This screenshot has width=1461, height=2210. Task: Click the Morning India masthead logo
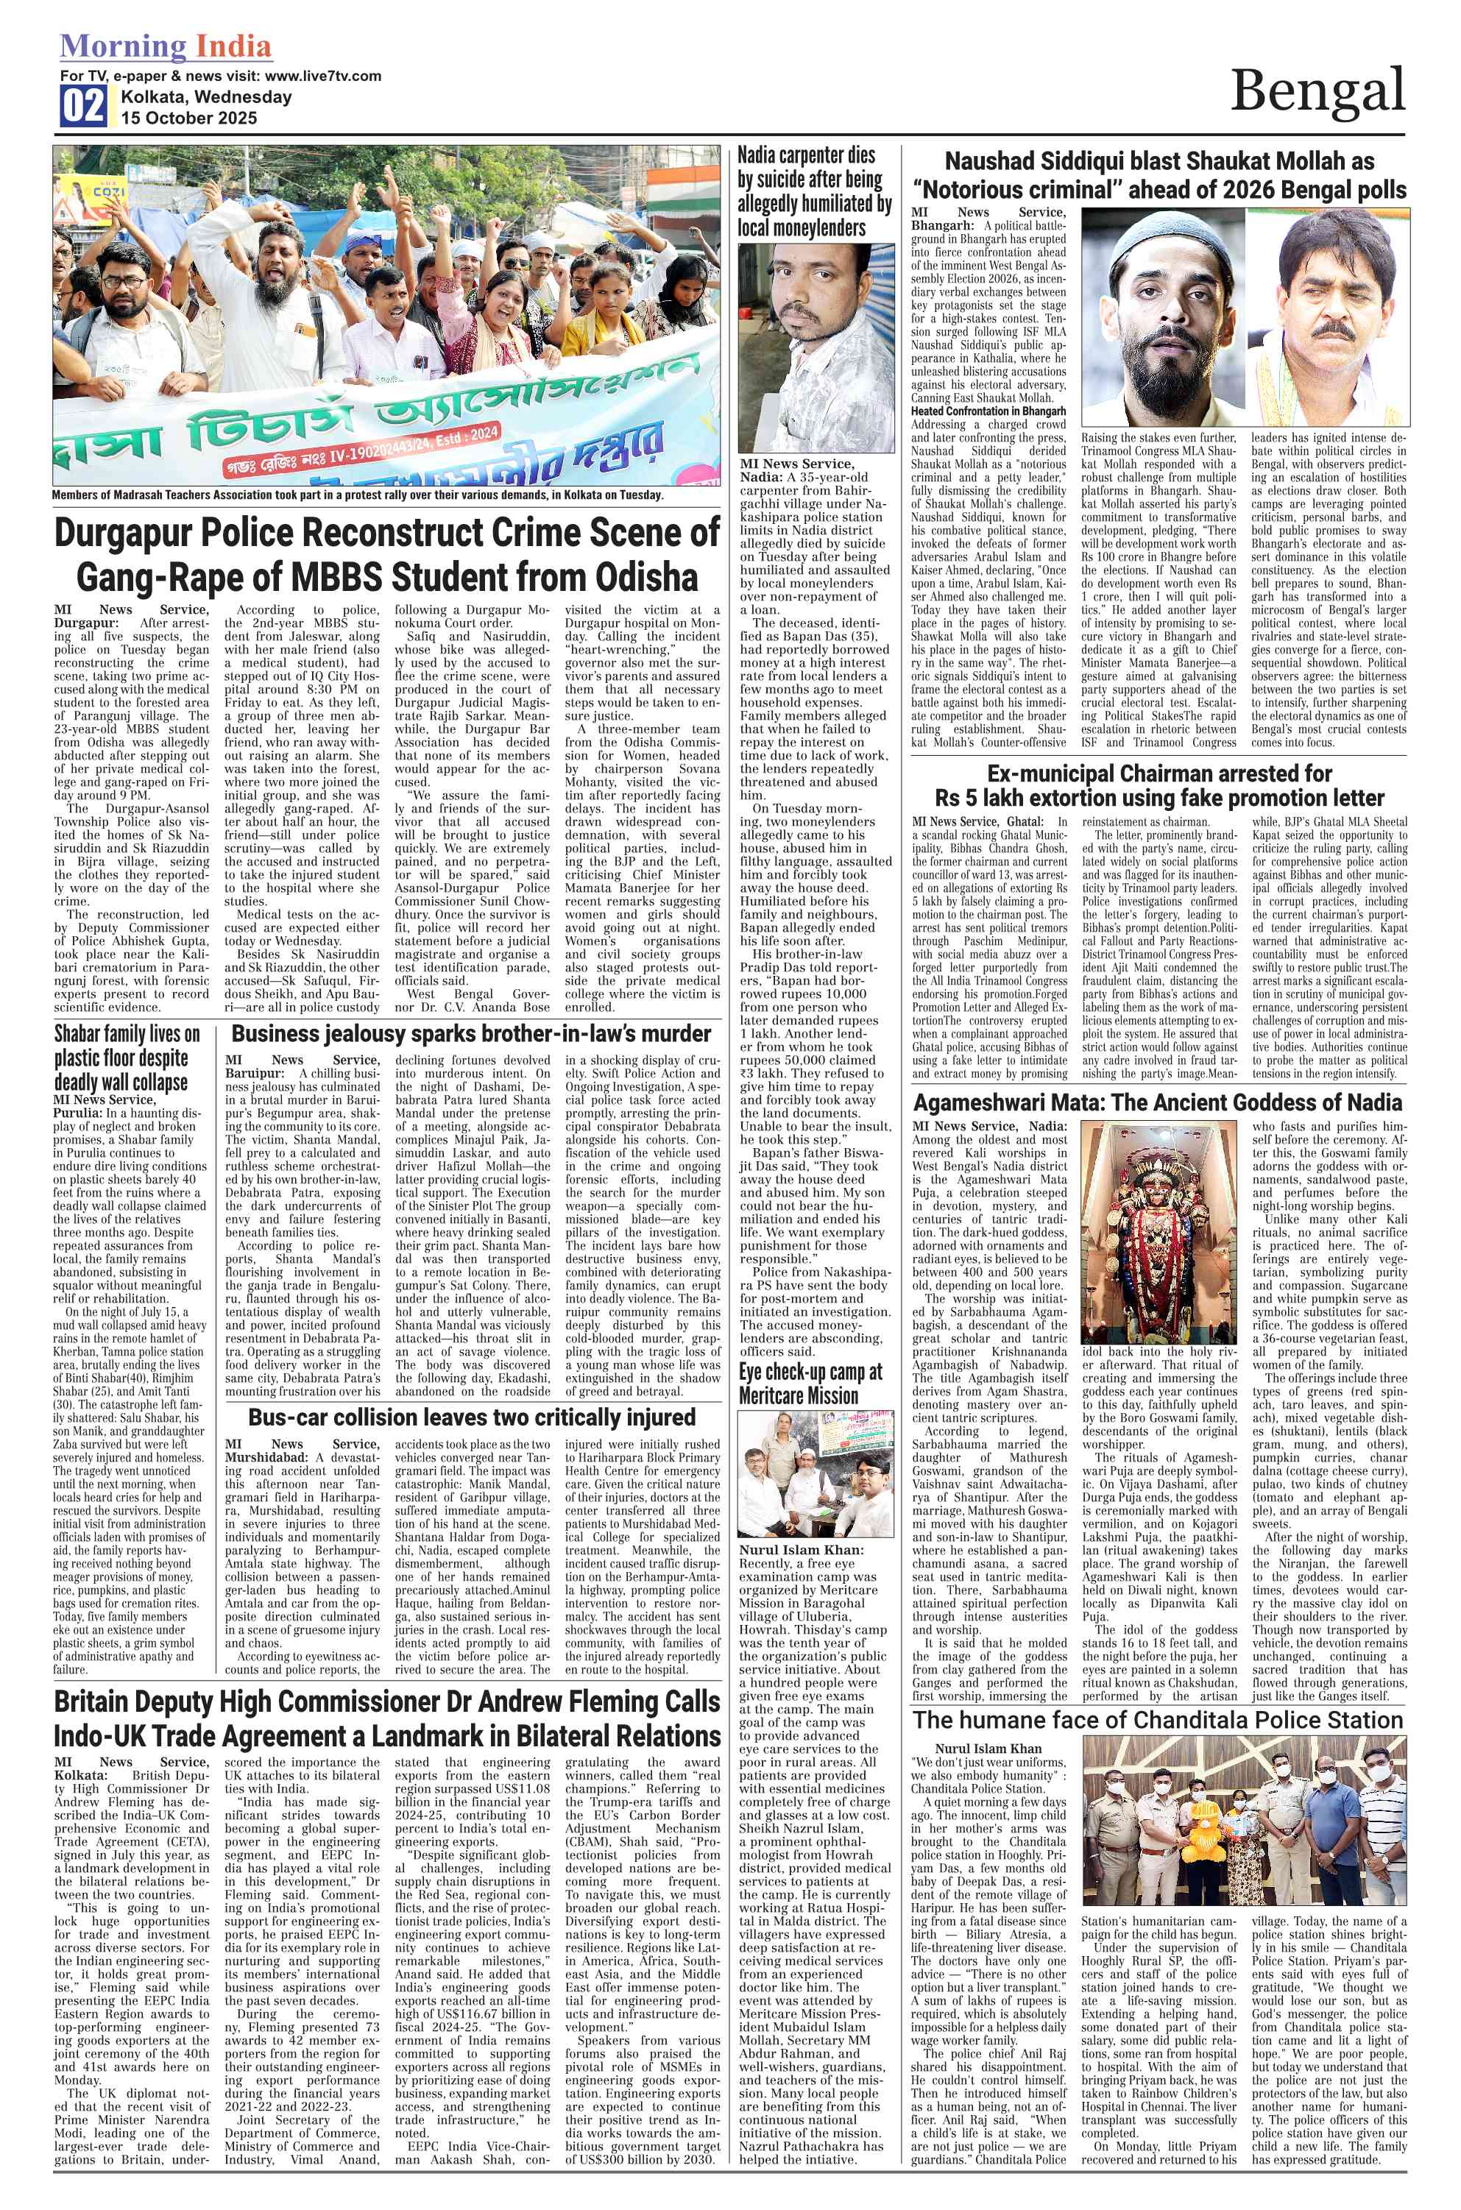pyautogui.click(x=166, y=46)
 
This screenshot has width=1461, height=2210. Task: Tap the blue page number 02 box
pyautogui.click(x=84, y=106)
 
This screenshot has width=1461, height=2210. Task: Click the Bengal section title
pyautogui.click(x=1317, y=91)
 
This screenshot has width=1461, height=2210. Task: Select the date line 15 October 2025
pyautogui.click(x=188, y=118)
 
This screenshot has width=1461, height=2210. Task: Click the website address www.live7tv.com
pyautogui.click(x=322, y=76)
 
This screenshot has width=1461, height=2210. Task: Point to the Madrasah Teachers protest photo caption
pyautogui.click(x=357, y=495)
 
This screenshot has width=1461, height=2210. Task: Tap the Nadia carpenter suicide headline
pyautogui.click(x=813, y=191)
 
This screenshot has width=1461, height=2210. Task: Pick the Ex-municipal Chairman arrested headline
pyautogui.click(x=1159, y=785)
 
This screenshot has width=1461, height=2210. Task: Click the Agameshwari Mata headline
pyautogui.click(x=1157, y=1103)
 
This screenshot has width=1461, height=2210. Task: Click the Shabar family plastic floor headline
pyautogui.click(x=127, y=1058)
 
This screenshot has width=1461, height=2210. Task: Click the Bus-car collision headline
pyautogui.click(x=472, y=1417)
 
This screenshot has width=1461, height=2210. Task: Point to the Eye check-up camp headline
pyautogui.click(x=810, y=1384)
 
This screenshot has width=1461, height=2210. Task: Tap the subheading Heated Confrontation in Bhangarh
pyautogui.click(x=988, y=411)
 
